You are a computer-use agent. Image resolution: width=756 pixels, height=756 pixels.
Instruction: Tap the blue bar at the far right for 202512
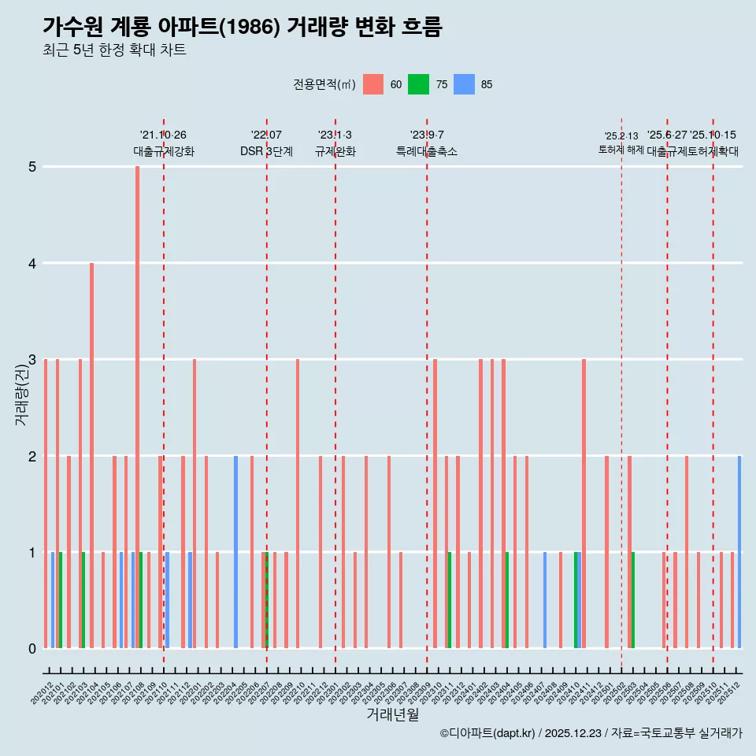[x=739, y=552]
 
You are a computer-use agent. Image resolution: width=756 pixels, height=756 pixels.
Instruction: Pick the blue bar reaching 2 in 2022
[x=235, y=552]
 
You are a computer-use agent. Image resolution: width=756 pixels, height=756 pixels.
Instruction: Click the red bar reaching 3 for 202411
[x=584, y=503]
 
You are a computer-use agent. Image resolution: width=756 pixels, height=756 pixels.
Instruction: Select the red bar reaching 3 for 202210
[x=298, y=503]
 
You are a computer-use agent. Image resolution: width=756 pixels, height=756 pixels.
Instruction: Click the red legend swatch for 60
[x=373, y=84]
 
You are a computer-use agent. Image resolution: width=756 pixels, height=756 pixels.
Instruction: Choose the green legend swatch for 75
[x=418, y=84]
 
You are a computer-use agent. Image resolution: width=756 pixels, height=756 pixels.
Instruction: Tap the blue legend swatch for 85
[x=465, y=84]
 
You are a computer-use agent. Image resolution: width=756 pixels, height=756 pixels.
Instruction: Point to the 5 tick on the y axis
[x=32, y=167]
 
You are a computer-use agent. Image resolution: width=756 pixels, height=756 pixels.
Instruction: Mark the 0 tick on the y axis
[x=32, y=649]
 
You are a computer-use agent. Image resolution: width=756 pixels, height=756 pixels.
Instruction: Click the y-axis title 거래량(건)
[x=21, y=394]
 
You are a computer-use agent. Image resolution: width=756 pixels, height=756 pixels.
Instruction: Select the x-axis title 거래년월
[x=392, y=714]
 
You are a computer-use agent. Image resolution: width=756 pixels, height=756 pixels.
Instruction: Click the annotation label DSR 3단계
[x=266, y=151]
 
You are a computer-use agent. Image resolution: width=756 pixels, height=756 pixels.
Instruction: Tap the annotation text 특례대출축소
[x=426, y=151]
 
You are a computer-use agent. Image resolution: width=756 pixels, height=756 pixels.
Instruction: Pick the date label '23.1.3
[x=335, y=135]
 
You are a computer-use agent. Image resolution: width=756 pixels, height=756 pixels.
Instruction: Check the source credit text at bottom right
[x=591, y=733]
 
